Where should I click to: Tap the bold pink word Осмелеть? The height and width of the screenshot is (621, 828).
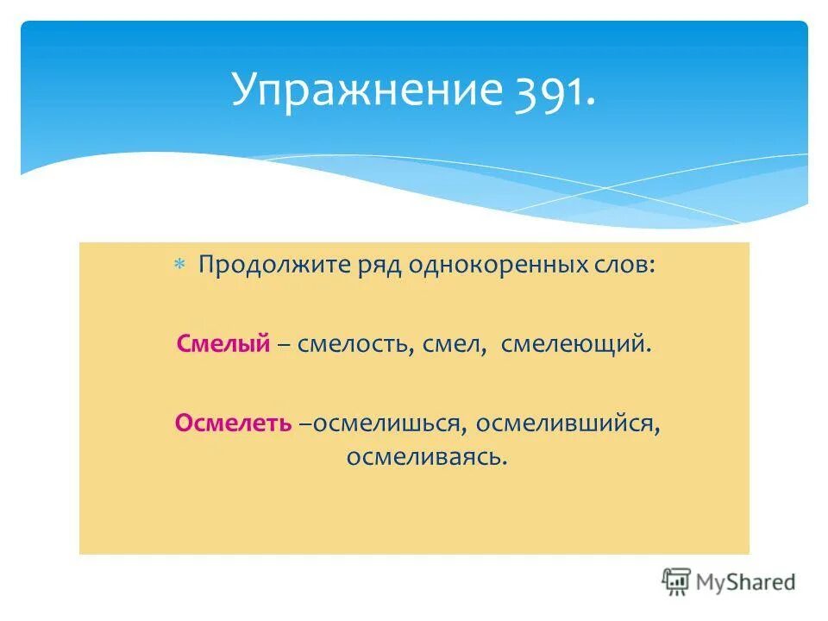click(x=233, y=423)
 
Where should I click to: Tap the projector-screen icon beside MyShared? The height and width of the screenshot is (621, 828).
click(x=677, y=581)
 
